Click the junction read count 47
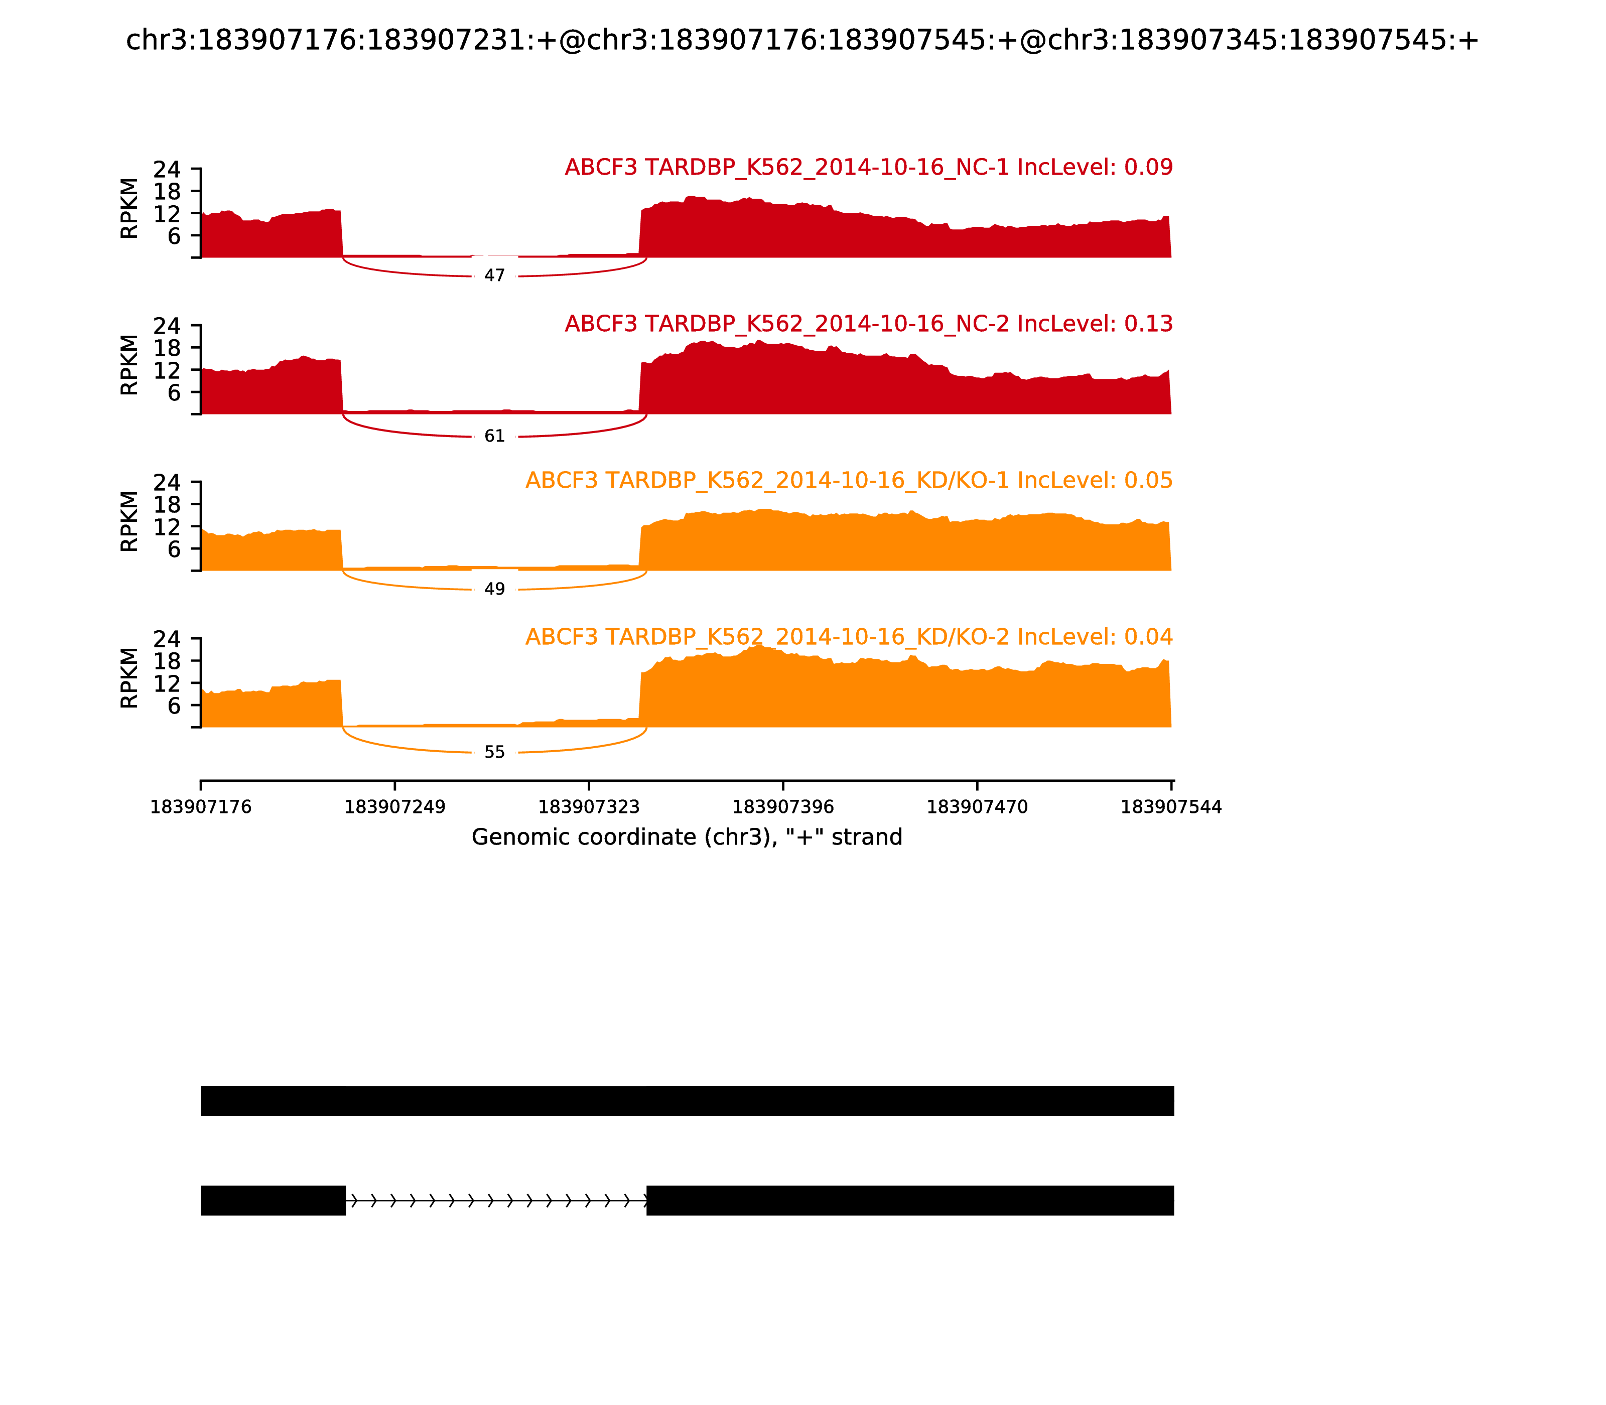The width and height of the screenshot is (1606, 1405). [494, 276]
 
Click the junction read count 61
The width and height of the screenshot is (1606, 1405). [494, 437]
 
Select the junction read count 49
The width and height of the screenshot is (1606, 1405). [494, 590]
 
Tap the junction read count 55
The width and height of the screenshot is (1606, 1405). [494, 753]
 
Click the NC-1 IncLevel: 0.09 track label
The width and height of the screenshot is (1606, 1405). [868, 168]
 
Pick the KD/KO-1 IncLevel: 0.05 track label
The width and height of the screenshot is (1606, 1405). [849, 481]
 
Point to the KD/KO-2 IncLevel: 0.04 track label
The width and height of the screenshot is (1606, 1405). [849, 637]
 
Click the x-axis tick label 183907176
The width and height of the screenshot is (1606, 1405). [201, 807]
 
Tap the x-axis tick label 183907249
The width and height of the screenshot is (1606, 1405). [394, 807]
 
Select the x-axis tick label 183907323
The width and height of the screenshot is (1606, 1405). [589, 807]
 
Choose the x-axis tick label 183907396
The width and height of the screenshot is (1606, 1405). [782, 807]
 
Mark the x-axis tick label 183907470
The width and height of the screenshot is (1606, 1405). [977, 807]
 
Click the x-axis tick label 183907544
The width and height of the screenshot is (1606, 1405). [1171, 807]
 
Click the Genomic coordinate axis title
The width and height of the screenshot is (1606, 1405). [687, 837]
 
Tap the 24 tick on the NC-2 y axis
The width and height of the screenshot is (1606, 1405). [166, 325]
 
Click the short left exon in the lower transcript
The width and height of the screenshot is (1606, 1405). [273, 1200]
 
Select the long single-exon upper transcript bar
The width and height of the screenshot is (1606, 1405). [687, 1101]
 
